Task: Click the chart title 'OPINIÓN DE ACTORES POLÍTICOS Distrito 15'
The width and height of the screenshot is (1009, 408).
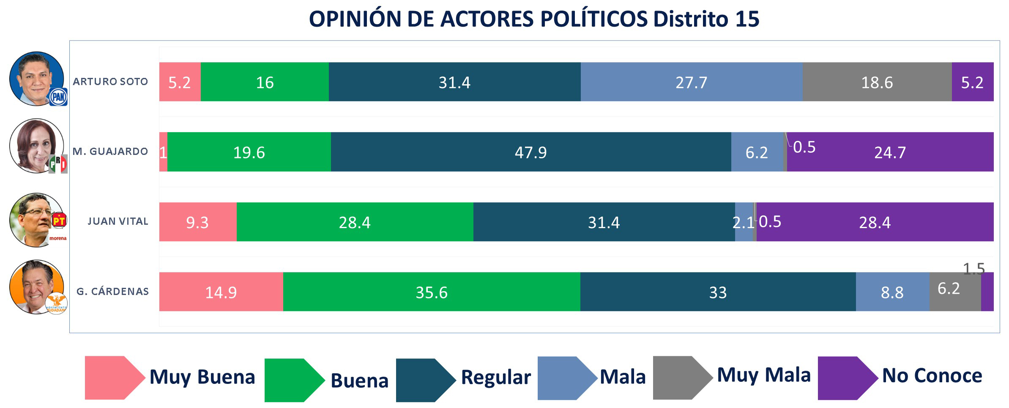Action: tap(534, 19)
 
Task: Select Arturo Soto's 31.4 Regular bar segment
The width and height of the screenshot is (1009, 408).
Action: tap(454, 82)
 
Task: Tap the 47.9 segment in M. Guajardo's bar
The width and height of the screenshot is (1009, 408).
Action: tap(530, 152)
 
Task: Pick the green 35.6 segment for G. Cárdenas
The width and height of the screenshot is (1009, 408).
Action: tap(432, 292)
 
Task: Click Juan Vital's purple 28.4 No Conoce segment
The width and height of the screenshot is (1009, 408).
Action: tap(875, 222)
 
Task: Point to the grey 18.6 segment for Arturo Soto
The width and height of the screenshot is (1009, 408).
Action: tap(877, 82)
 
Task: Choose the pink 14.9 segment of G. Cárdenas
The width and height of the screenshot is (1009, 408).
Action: tap(221, 292)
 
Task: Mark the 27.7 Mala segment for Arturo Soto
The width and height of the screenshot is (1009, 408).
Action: tap(691, 82)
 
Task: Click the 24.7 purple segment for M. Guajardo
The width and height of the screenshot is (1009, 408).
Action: tap(890, 152)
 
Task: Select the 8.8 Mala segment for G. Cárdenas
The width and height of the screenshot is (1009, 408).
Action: tap(892, 292)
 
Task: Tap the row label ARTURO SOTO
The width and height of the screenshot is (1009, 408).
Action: tap(110, 82)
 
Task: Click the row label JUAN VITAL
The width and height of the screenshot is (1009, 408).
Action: tap(118, 221)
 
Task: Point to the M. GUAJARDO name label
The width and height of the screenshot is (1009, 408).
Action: tap(110, 152)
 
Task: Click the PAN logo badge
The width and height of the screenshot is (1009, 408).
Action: tap(58, 97)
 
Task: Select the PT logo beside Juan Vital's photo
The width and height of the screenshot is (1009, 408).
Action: tap(59, 220)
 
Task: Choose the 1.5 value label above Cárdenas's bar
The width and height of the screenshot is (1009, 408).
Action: tap(973, 268)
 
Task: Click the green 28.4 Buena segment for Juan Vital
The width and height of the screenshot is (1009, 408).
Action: tap(355, 222)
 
